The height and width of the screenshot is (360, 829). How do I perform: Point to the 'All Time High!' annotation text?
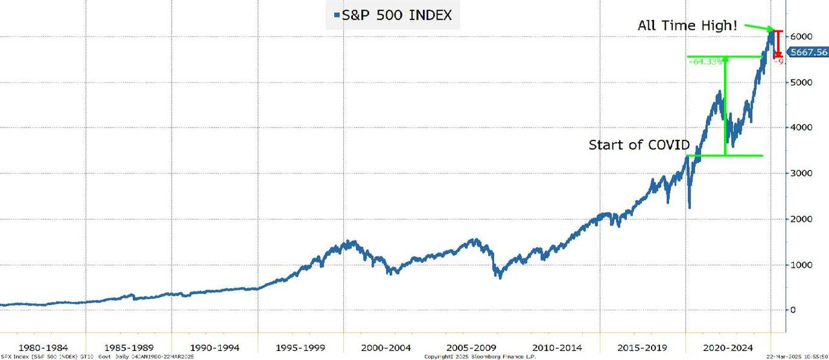tap(687, 27)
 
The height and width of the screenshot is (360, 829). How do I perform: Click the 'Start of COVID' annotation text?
tap(639, 144)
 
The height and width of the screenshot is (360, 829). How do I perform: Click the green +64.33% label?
tap(706, 61)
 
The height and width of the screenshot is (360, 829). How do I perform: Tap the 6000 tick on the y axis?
tap(801, 37)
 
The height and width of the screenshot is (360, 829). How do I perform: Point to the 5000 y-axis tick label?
tap(801, 82)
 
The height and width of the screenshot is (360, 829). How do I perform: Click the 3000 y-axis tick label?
tap(801, 174)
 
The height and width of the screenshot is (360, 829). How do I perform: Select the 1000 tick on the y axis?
tap(801, 265)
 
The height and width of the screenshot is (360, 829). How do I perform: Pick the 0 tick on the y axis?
tap(793, 310)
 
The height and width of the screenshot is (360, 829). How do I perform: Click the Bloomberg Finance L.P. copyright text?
tap(480, 357)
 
